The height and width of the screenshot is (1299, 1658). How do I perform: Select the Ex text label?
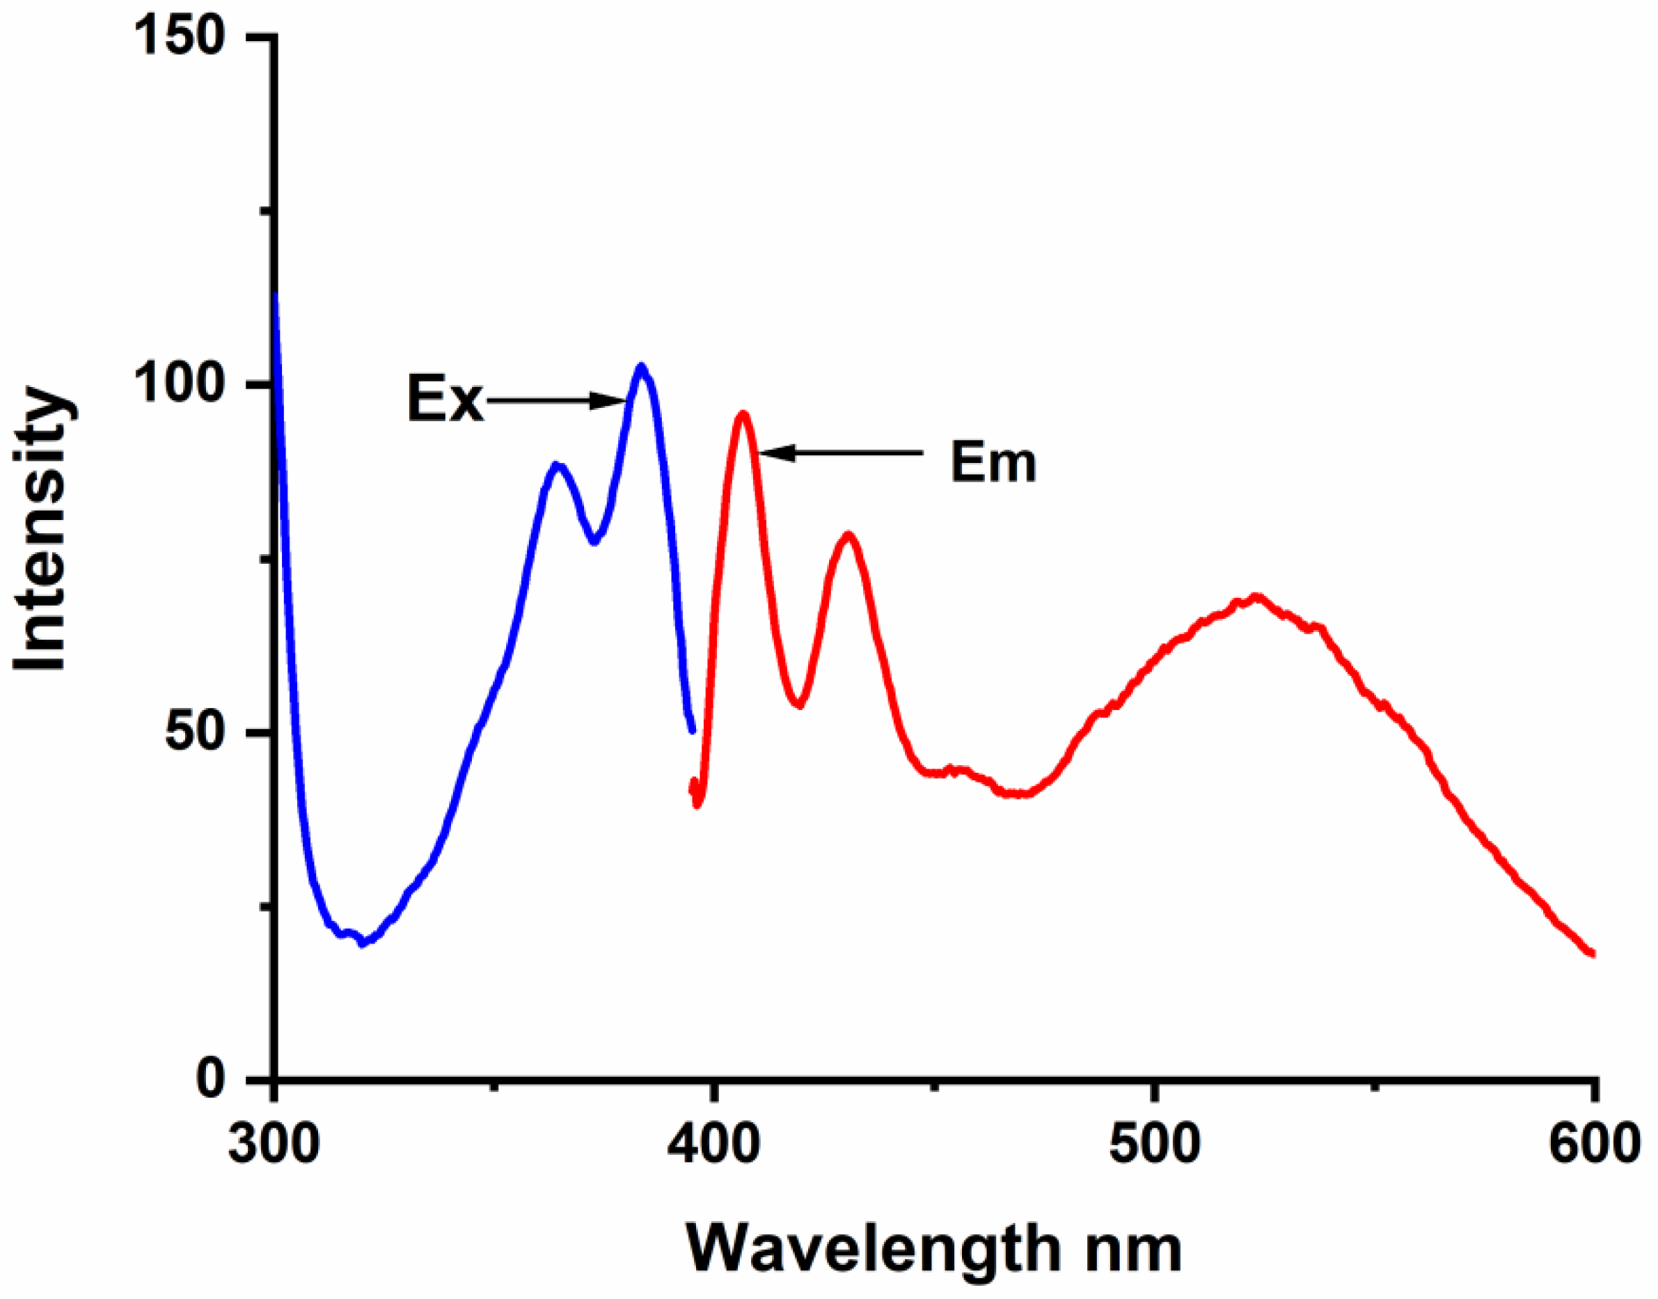(x=445, y=400)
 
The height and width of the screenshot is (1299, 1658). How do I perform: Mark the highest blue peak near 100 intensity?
(x=642, y=368)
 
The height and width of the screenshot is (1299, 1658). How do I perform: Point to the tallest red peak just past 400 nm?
(x=743, y=414)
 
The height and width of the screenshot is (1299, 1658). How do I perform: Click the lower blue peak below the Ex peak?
(x=557, y=465)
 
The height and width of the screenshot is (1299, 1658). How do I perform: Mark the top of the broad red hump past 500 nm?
(x=1255, y=598)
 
